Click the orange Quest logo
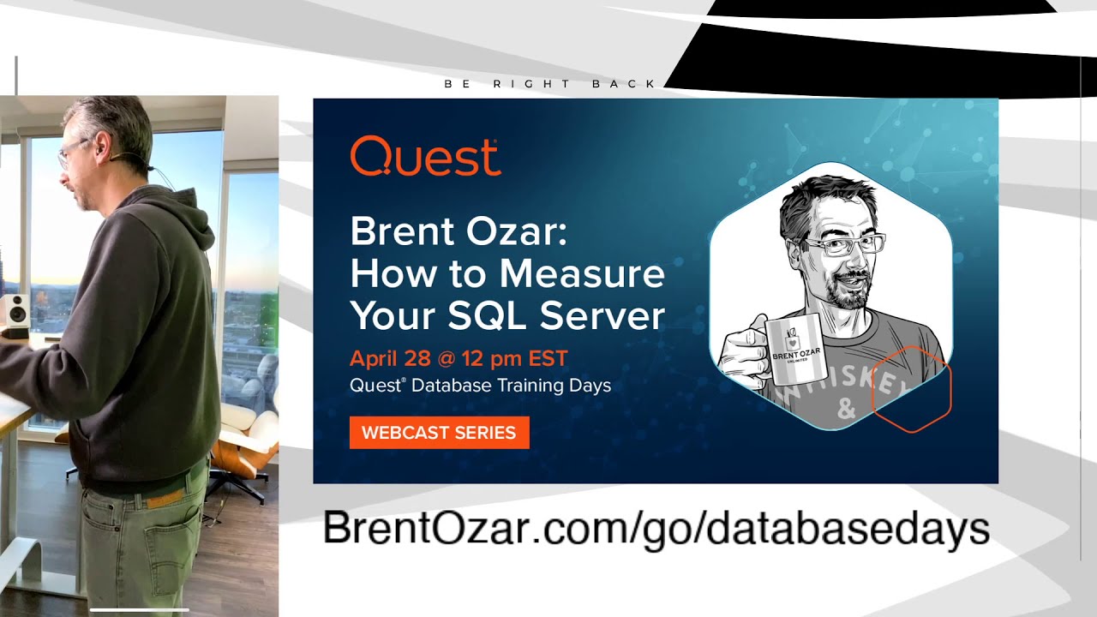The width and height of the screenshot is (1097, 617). pos(425,157)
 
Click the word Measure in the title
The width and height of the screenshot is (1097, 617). pos(582,274)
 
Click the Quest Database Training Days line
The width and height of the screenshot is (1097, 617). pos(480,386)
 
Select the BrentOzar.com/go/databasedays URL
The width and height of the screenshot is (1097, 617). pos(656,529)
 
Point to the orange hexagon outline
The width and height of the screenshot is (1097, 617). pos(911,390)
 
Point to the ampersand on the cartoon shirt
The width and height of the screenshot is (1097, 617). pos(847,410)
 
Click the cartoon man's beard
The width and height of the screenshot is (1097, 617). pos(843,296)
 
